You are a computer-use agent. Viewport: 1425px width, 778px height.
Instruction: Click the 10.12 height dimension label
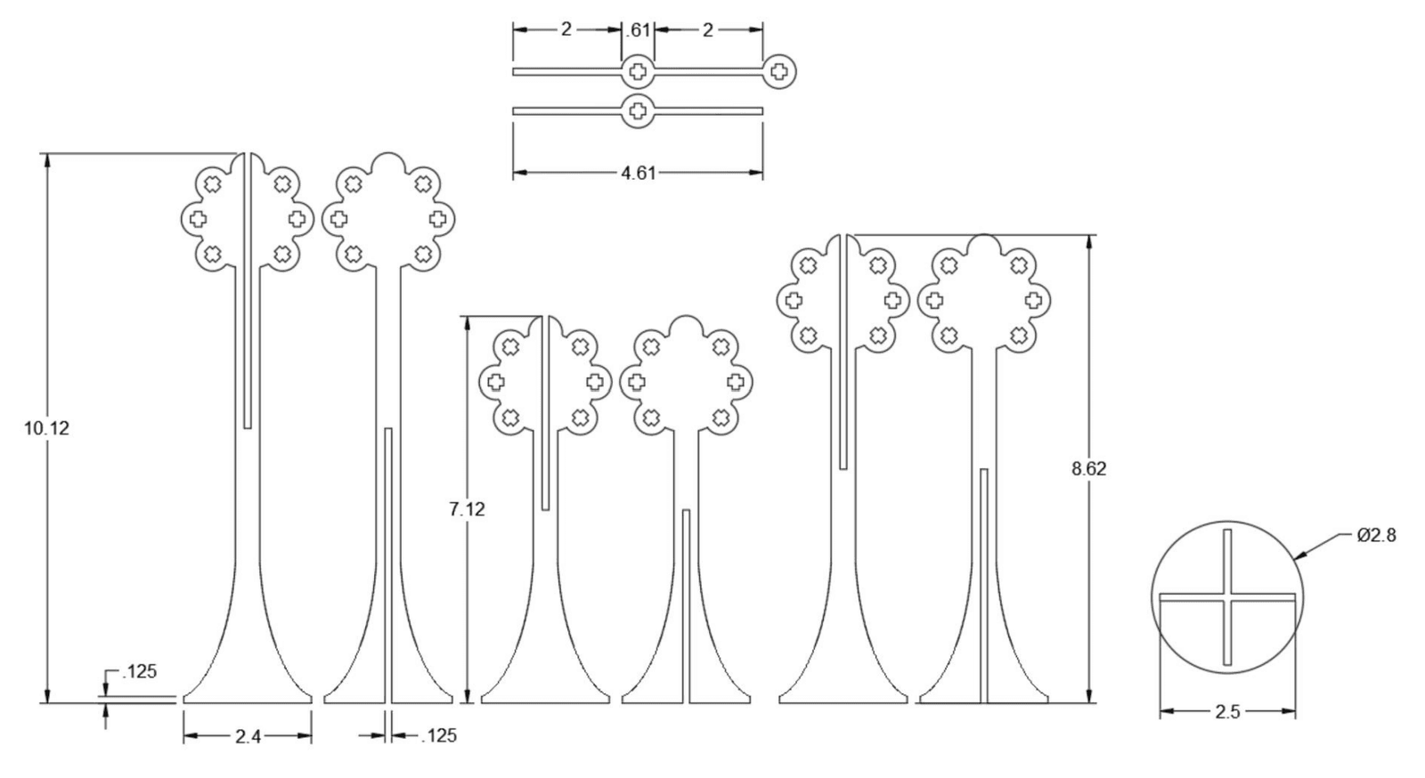(46, 428)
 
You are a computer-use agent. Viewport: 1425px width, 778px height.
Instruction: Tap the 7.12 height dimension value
(467, 509)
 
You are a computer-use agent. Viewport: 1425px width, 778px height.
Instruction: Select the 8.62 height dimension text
(1089, 469)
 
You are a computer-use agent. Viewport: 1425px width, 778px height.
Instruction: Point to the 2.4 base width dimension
(248, 737)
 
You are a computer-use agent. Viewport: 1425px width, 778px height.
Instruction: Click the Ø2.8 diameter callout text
(1377, 536)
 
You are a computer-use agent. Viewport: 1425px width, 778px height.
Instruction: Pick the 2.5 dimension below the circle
(1228, 712)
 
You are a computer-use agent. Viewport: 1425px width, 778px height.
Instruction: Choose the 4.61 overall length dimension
(638, 173)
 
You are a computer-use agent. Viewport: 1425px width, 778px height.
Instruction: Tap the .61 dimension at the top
(638, 30)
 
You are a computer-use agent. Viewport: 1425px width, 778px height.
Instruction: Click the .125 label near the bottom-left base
(139, 671)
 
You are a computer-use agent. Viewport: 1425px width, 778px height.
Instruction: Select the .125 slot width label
(439, 736)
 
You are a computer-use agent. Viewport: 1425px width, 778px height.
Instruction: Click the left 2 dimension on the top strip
(566, 30)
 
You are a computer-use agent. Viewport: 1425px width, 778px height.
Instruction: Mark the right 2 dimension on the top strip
(708, 30)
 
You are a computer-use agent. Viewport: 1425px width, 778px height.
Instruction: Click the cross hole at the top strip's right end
(779, 71)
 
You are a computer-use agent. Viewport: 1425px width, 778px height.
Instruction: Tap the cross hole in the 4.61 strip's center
(638, 111)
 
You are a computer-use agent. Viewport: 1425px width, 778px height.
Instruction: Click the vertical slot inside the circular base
(1228, 597)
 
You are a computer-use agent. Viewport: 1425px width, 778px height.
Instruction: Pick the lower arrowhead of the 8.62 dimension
(1090, 694)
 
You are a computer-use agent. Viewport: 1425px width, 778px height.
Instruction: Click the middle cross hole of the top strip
(638, 71)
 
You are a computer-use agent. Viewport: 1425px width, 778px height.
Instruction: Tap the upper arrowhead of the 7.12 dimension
(468, 323)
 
